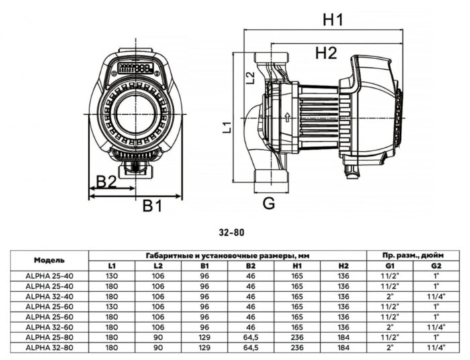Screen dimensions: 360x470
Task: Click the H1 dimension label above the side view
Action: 333,19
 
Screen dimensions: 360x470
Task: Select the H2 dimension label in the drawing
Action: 326,53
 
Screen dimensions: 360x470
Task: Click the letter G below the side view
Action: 269,204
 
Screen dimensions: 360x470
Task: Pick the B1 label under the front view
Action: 152,206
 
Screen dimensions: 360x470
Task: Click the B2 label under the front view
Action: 106,181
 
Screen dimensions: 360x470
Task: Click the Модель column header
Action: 49,259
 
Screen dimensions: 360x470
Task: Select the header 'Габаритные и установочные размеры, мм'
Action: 228,255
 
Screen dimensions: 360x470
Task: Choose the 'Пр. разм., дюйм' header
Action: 412,255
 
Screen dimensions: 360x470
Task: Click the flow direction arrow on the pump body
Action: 287,117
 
